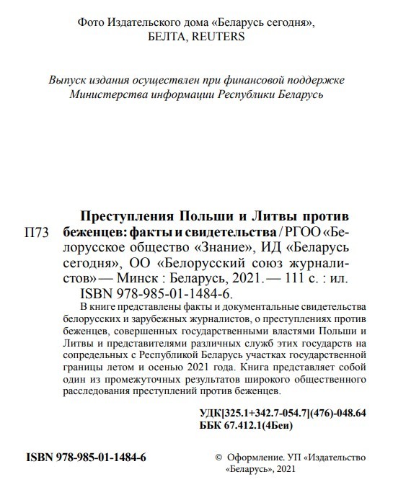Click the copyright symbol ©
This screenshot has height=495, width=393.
(220, 458)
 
